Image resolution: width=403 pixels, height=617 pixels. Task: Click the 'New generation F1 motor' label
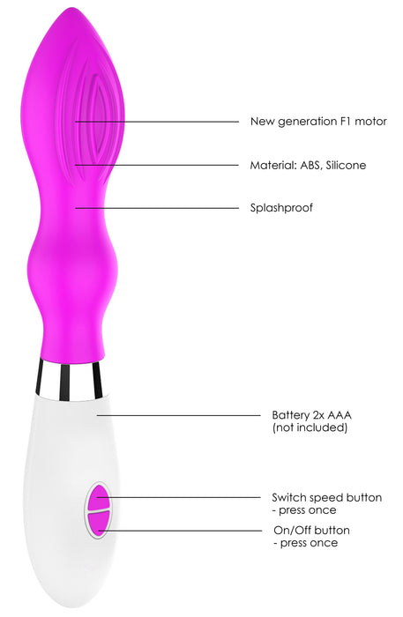[318, 122]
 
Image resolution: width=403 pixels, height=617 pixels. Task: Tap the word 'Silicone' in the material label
[346, 165]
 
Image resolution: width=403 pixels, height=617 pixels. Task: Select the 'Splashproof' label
[281, 208]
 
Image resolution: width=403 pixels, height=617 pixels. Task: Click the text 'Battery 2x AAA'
[311, 415]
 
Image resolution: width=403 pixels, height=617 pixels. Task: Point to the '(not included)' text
[310, 427]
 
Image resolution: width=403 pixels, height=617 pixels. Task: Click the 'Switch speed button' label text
[326, 497]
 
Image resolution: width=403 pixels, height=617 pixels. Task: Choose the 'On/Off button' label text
[311, 530]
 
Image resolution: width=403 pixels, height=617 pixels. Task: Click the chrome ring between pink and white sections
[69, 380]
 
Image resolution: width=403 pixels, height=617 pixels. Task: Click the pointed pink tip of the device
[72, 9]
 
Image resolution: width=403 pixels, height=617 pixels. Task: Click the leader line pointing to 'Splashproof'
[157, 208]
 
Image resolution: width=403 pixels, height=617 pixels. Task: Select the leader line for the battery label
[179, 415]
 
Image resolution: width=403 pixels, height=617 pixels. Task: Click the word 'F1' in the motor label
[346, 122]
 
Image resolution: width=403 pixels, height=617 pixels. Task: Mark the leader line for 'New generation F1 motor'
[157, 122]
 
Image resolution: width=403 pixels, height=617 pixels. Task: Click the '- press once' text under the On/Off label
[306, 543]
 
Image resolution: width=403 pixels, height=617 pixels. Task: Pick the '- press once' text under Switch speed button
[304, 510]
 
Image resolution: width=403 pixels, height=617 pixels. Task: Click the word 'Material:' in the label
[273, 165]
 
